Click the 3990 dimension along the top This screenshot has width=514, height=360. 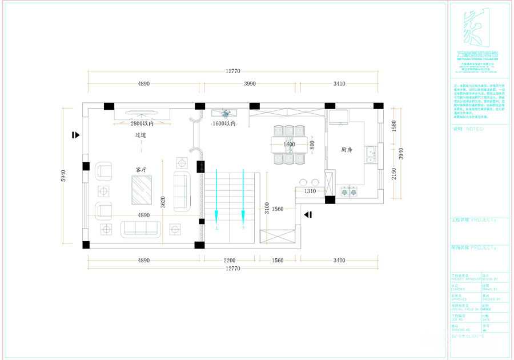click(250, 83)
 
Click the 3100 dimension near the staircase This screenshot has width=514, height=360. click(266, 207)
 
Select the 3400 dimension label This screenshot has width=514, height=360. click(339, 261)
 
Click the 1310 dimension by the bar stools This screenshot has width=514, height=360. click(311, 191)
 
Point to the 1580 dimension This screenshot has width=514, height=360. click(393, 126)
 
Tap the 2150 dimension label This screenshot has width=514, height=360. click(393, 173)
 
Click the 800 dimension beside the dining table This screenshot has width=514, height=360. click(312, 145)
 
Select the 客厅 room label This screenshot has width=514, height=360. click(141, 170)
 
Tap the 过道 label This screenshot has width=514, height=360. click(141, 136)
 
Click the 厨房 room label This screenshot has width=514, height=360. click(347, 150)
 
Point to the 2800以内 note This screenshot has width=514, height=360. click(142, 123)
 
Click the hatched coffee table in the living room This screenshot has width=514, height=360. click(142, 190)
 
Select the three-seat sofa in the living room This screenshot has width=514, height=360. click(140, 229)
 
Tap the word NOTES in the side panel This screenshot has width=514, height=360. click(475, 129)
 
